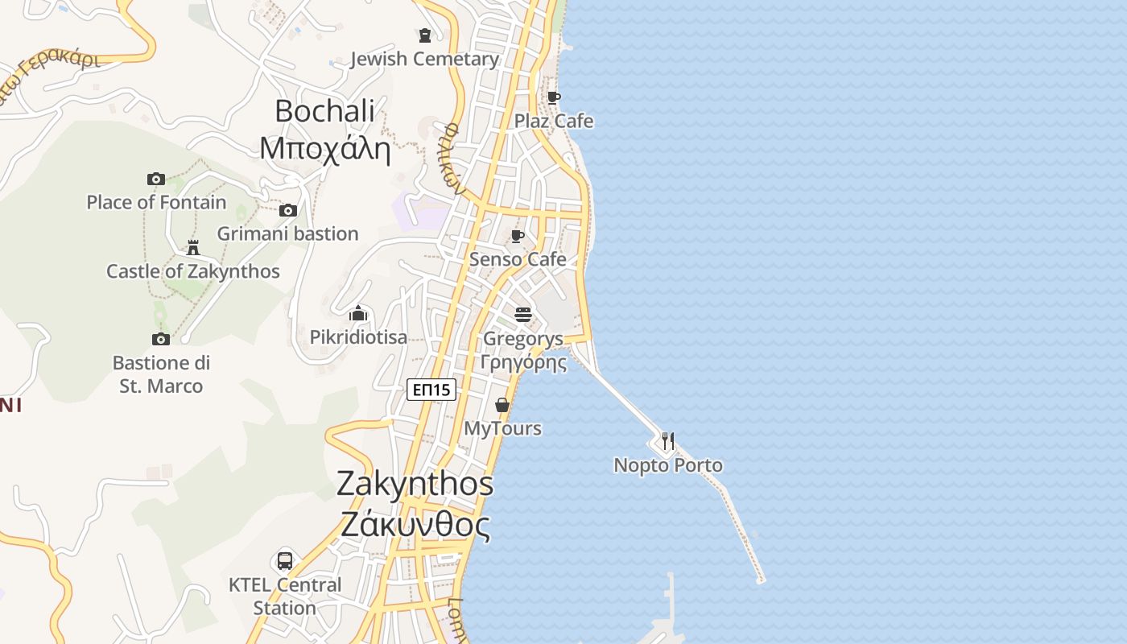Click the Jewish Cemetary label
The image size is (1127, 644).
pyautogui.click(x=424, y=59)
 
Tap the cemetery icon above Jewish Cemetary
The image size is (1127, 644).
pyautogui.click(x=425, y=35)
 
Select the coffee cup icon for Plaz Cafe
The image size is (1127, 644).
pyautogui.click(x=554, y=97)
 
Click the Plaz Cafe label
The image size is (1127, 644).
pyautogui.click(x=554, y=121)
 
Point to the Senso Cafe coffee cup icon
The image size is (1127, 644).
pyautogui.click(x=518, y=236)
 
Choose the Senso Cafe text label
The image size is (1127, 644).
pyautogui.click(x=518, y=259)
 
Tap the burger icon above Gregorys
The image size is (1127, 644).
pyautogui.click(x=523, y=314)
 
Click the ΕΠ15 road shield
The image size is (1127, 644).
pyautogui.click(x=431, y=390)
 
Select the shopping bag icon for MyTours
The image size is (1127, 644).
pyautogui.click(x=502, y=405)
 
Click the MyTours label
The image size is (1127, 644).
pyautogui.click(x=502, y=428)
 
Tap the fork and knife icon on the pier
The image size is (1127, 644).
pyautogui.click(x=667, y=441)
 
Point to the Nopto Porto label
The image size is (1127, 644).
pyautogui.click(x=668, y=465)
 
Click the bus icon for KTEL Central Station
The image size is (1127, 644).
pyautogui.click(x=285, y=560)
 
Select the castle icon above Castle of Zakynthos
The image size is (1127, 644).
pyautogui.click(x=192, y=247)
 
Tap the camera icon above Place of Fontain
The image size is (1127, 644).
pyautogui.click(x=156, y=179)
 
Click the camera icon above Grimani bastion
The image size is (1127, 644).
pyautogui.click(x=287, y=211)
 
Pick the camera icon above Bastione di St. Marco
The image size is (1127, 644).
pyautogui.click(x=161, y=339)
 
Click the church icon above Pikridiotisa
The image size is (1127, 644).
pyautogui.click(x=358, y=313)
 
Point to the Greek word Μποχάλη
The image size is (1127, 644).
pyautogui.click(x=324, y=149)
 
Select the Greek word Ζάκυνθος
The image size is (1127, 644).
pyautogui.click(x=415, y=525)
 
